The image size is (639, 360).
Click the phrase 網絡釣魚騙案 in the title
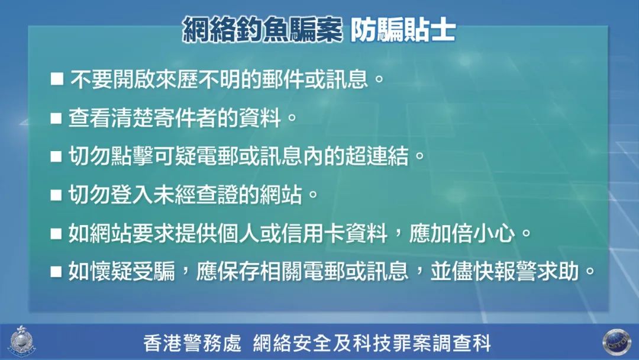click(x=262, y=30)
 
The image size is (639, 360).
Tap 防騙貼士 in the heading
click(x=404, y=30)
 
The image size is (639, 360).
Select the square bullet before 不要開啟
click(x=57, y=78)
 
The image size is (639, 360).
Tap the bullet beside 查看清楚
click(x=57, y=117)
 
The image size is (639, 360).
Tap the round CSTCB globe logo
click(x=616, y=342)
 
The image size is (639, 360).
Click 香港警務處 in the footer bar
click(x=192, y=343)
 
